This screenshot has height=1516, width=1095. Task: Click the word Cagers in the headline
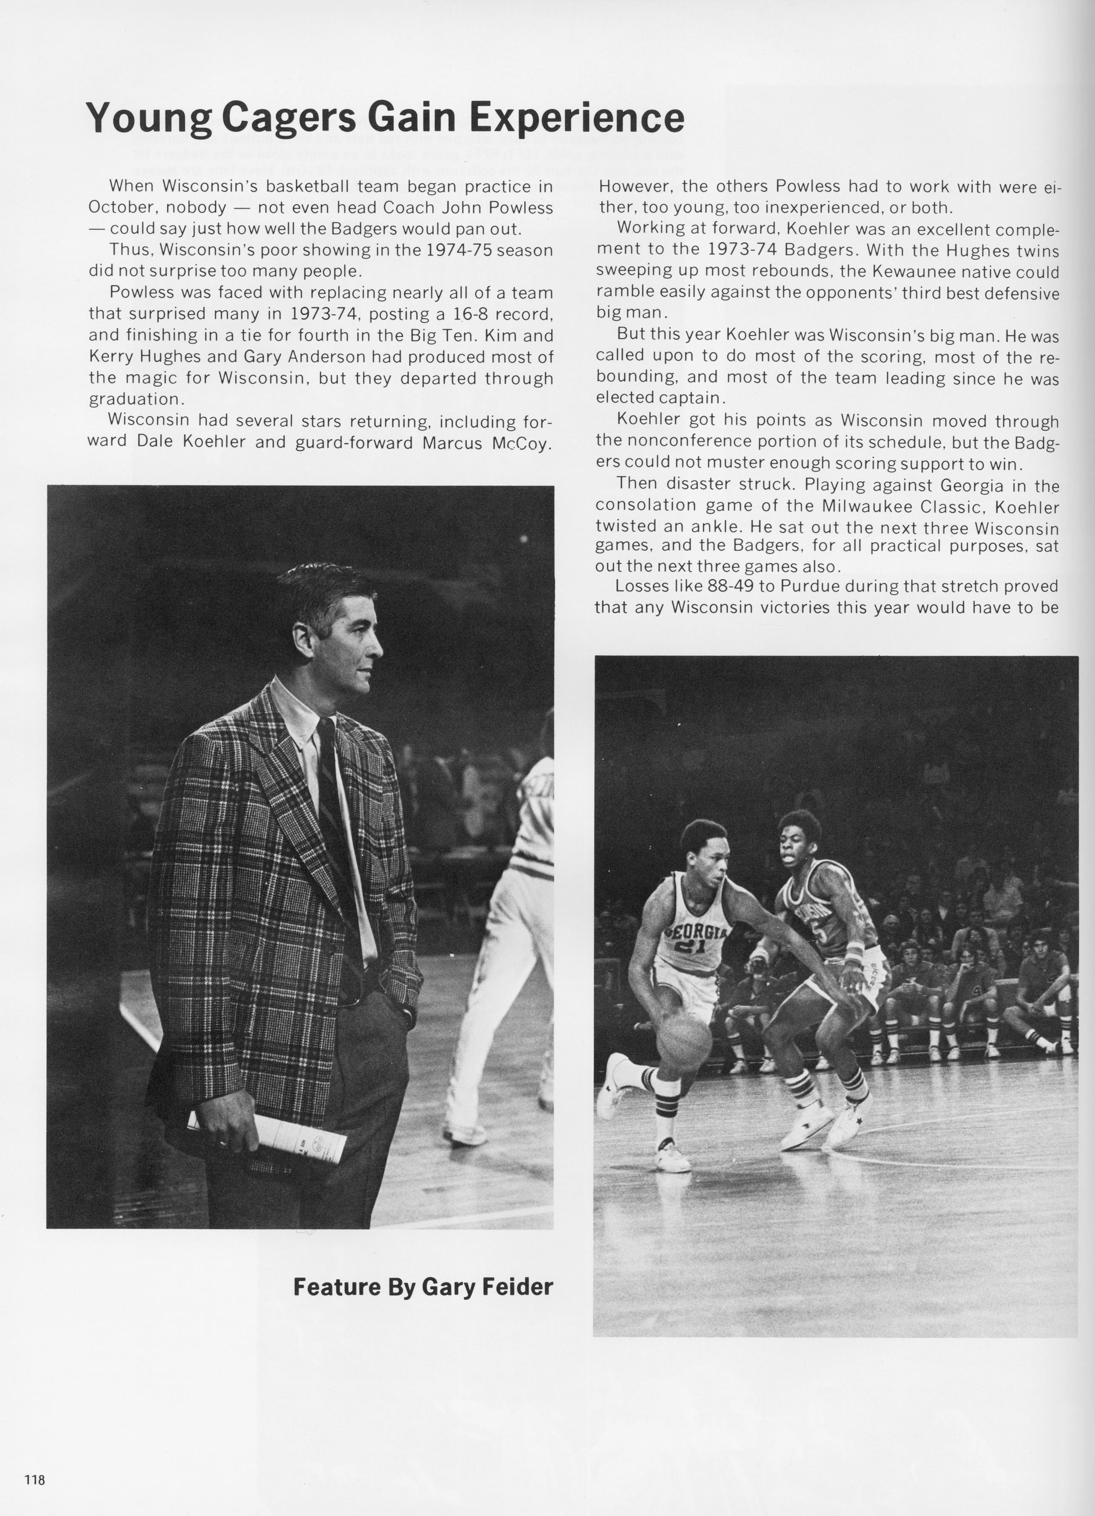[289, 118]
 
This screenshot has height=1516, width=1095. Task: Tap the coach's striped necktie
[338, 822]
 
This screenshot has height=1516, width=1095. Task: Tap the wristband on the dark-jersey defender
[854, 949]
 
